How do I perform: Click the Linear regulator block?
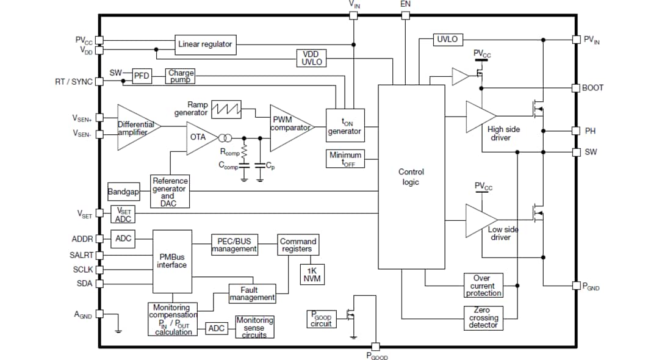click(205, 44)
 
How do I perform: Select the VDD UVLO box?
click(312, 58)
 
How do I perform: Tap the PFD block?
click(142, 76)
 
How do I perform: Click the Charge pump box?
click(181, 76)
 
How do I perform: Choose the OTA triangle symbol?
click(200, 137)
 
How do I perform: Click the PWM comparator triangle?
click(289, 128)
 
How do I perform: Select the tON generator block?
click(344, 127)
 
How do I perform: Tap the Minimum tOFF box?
click(345, 159)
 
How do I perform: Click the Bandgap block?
click(124, 192)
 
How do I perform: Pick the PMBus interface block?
click(171, 261)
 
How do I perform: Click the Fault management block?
click(252, 293)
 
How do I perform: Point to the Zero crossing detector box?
click(483, 317)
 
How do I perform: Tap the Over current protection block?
click(483, 286)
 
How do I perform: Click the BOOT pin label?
click(592, 88)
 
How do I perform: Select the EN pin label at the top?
click(405, 4)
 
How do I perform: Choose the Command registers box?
click(298, 245)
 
